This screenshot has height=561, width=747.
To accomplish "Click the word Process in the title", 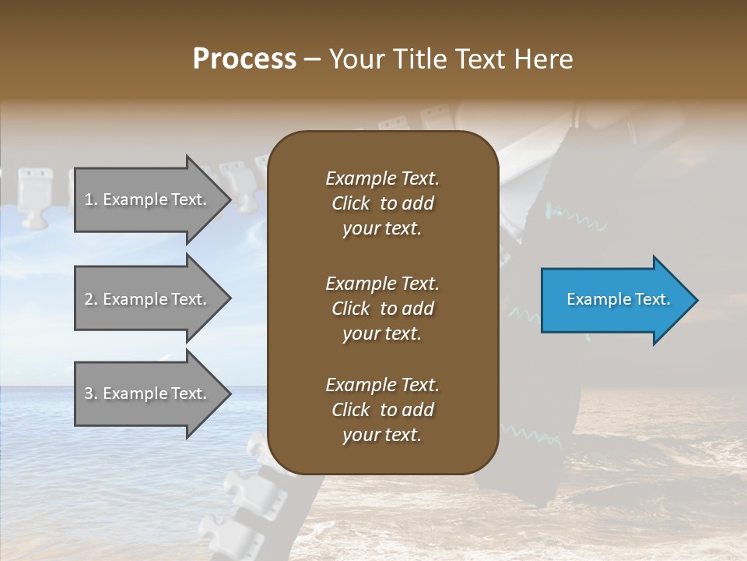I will [x=244, y=59].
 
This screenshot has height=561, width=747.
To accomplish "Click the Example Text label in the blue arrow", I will [x=618, y=299].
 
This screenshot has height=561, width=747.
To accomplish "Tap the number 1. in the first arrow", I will [x=91, y=199].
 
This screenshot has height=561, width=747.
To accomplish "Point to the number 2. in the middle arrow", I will [x=91, y=299].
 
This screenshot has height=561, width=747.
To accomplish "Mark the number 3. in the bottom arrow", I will [x=91, y=393].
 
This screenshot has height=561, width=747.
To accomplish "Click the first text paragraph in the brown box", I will [x=382, y=203].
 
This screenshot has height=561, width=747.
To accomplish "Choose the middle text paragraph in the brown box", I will [x=382, y=308].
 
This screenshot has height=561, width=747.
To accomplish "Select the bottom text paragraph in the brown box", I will [x=382, y=410].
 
